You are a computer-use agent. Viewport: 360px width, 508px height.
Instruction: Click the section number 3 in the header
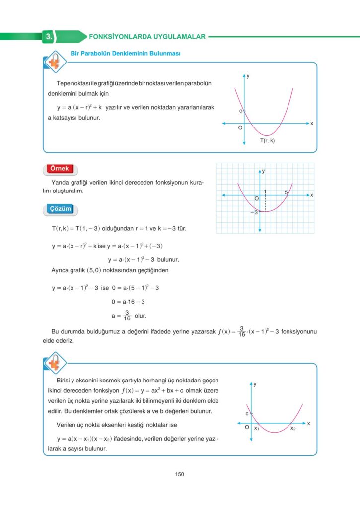pyautogui.click(x=48, y=36)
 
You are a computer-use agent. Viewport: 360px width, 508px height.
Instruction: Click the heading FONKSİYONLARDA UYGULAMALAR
pyautogui.click(x=146, y=36)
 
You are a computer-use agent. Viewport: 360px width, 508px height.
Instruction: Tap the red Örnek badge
pyautogui.click(x=60, y=169)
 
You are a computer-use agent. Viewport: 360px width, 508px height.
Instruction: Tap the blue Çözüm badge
pyautogui.click(x=60, y=209)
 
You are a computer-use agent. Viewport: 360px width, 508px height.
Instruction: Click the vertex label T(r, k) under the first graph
pyautogui.click(x=268, y=141)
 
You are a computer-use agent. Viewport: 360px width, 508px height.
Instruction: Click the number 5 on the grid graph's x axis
pyautogui.click(x=287, y=191)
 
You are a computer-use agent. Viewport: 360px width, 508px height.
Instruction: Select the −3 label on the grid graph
pyautogui.click(x=253, y=212)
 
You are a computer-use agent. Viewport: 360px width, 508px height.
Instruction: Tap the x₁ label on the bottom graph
pyautogui.click(x=257, y=428)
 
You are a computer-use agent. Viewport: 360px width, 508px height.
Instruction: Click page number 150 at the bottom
pyautogui.click(x=180, y=474)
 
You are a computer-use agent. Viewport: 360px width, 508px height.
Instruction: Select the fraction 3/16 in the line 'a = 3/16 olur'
pyautogui.click(x=127, y=315)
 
